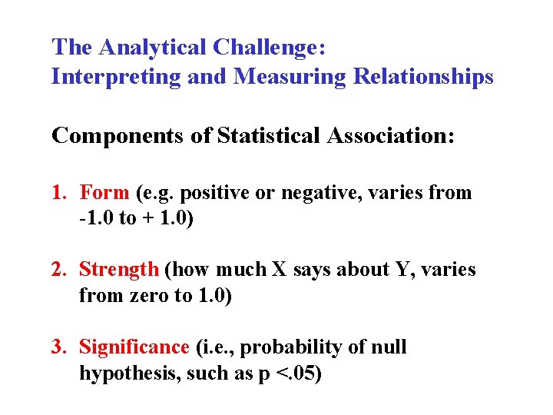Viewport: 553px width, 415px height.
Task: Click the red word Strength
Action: point(119,270)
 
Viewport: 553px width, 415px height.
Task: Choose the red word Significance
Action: point(134,347)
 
